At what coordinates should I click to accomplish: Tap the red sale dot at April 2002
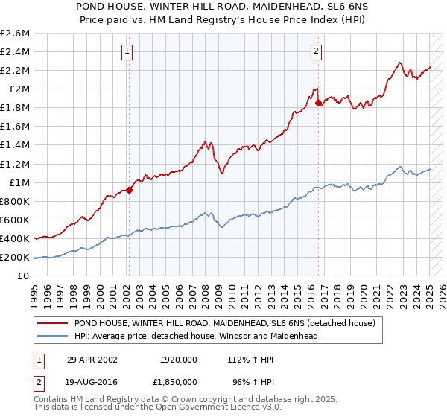(129, 190)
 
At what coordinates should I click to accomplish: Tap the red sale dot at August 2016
(318, 103)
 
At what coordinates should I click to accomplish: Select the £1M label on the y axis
(18, 182)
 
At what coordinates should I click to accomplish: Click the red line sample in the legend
(54, 324)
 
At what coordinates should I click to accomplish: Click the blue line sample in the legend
(54, 336)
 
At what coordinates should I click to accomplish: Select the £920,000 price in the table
(179, 360)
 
